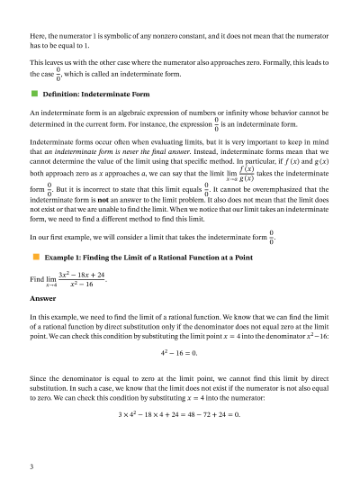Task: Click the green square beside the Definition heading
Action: (x=33, y=93)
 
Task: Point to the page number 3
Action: (x=31, y=466)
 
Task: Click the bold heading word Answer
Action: (x=42, y=297)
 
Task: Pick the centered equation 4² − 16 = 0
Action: (x=180, y=352)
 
